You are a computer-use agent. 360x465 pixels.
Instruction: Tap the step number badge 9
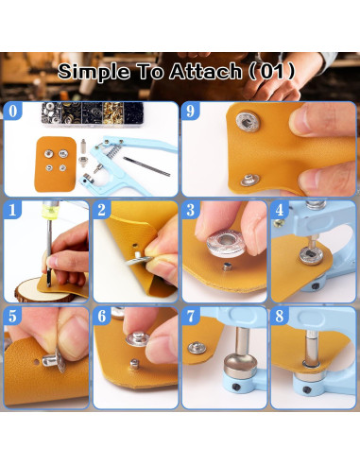point(193,111)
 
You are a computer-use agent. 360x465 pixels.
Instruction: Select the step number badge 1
point(13,209)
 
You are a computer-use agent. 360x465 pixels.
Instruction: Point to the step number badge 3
point(192,209)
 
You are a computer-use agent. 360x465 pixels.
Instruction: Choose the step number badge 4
point(281,209)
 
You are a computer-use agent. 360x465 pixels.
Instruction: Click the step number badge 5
point(13,317)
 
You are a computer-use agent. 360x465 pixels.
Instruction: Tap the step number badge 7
point(192,317)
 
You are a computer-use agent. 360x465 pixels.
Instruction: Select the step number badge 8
point(281,317)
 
